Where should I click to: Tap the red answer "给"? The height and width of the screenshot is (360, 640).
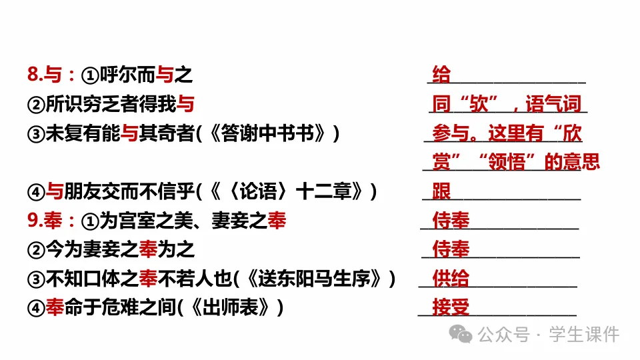tap(441, 75)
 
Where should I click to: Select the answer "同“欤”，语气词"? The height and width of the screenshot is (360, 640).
tap(507, 104)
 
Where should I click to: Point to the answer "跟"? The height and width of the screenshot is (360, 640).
tap(441, 192)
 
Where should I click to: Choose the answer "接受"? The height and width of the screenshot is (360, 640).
tap(451, 307)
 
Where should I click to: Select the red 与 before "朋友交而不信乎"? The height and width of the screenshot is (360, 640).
tap(55, 192)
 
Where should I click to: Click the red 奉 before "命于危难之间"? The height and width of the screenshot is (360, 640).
tap(55, 307)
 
